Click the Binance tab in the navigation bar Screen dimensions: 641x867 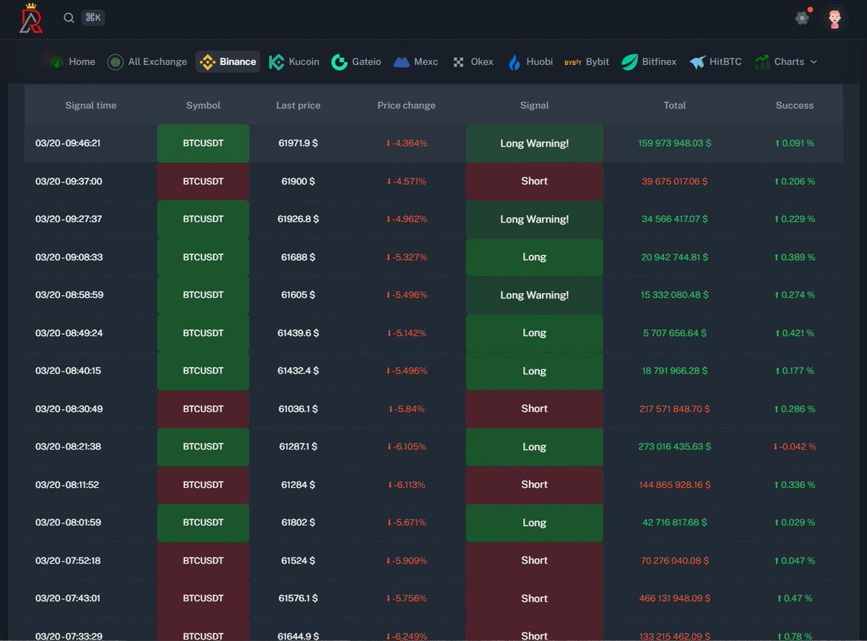[228, 61]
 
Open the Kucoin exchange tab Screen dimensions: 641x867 [294, 61]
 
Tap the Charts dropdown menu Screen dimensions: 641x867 [786, 61]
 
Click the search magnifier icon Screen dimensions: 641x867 [69, 18]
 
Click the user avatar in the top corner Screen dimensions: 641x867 [834, 18]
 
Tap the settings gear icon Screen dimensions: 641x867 [802, 18]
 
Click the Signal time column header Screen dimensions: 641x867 [90, 105]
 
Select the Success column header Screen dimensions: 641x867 [794, 105]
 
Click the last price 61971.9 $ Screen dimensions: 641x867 [298, 143]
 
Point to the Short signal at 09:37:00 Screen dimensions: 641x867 [534, 181]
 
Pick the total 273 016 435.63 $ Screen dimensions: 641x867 [674, 447]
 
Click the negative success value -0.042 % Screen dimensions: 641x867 [794, 447]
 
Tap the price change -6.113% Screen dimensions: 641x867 [406, 485]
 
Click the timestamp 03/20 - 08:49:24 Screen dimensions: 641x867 [69, 333]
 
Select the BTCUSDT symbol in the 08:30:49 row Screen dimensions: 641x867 [203, 409]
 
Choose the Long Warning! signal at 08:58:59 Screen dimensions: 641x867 [534, 295]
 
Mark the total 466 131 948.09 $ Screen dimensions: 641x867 [674, 598]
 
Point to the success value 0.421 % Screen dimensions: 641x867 [794, 333]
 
